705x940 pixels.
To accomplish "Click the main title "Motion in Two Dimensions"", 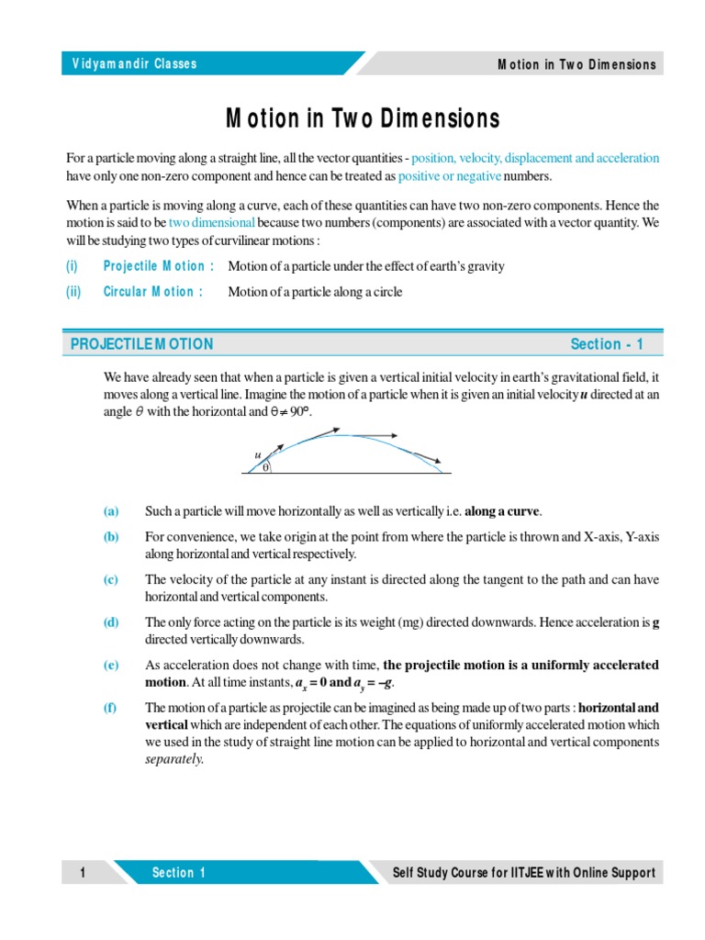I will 363,118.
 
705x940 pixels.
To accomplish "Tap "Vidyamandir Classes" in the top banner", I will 134,64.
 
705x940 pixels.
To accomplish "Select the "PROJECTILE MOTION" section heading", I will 141,344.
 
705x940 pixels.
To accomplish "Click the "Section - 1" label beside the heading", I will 607,344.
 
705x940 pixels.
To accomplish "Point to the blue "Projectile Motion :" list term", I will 159,266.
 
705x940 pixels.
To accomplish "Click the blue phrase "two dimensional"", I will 211,223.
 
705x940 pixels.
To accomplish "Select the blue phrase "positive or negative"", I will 449,176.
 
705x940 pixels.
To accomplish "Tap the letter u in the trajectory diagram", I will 258,454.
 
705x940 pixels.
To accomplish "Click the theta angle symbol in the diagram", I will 265,467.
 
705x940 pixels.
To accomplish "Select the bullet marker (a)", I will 111,510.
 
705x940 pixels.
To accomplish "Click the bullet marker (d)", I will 111,622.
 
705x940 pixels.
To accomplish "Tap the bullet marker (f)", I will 111,707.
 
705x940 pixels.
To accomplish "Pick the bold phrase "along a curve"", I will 502,510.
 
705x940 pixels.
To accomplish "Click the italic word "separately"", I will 174,760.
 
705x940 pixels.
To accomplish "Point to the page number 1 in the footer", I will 83,872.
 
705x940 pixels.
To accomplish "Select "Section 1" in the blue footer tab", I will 179,872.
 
